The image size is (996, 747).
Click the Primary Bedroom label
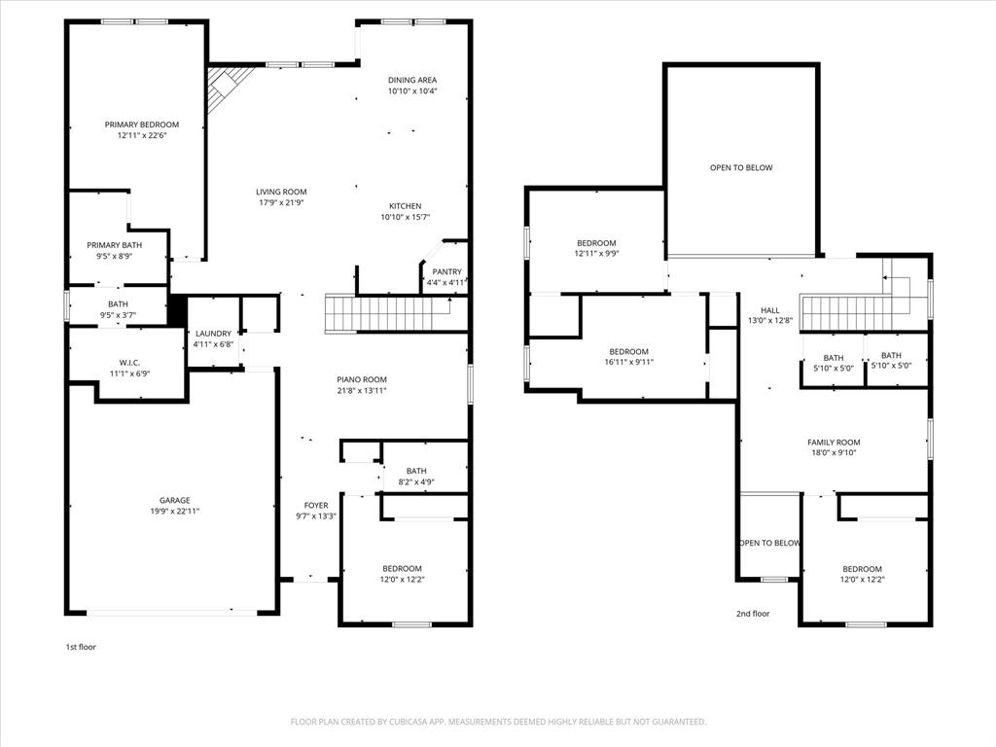[x=142, y=124]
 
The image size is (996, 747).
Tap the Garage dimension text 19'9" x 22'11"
[x=175, y=511]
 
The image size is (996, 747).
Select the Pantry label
[x=447, y=272]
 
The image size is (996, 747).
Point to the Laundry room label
[x=213, y=334]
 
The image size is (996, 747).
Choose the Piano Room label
[x=362, y=380]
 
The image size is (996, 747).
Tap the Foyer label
[x=316, y=505]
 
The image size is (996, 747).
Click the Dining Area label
[x=412, y=81]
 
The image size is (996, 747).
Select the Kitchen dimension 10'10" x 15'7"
[x=405, y=218]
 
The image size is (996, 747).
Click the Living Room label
[x=281, y=192]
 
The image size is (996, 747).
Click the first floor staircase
[x=386, y=314]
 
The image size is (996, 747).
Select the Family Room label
[x=834, y=443]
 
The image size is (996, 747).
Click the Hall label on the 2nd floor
[x=770, y=310]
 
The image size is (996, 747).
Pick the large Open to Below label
[x=741, y=167]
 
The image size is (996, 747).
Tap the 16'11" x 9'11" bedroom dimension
[x=628, y=363]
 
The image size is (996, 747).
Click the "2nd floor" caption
[x=752, y=614]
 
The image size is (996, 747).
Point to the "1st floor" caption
[x=81, y=647]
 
